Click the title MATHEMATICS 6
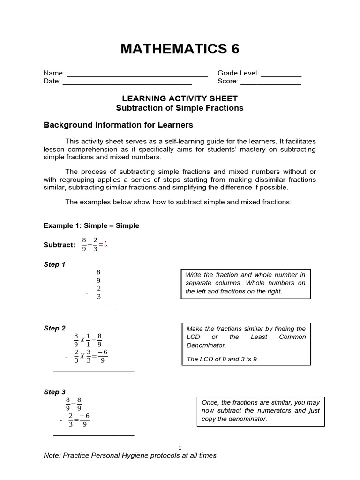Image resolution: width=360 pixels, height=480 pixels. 180,49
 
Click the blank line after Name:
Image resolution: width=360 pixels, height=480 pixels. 137,74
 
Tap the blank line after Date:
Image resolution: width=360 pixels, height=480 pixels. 127,82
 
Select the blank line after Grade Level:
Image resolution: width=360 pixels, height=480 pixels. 281,74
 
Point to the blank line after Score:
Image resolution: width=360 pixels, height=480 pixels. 270,82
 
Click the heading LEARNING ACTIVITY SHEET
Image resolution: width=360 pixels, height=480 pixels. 180,98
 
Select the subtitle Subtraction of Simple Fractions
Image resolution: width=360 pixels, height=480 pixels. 180,108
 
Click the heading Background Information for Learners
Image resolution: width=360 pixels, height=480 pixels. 118,125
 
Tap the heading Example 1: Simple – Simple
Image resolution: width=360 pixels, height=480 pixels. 91,225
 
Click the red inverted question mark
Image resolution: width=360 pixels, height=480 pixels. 105,244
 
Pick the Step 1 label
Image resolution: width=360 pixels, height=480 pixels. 54,264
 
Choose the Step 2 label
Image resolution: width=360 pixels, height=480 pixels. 54,328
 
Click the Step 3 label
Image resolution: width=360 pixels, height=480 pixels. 54,392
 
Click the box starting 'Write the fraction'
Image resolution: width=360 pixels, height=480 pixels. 246,283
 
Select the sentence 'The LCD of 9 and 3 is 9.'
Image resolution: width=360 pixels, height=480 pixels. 222,359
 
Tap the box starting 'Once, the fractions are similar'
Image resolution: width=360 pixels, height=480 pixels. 260,411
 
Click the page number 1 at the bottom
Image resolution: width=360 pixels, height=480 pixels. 180,448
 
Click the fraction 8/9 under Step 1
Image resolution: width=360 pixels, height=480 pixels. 98,276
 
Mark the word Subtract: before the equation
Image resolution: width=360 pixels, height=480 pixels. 59,245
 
